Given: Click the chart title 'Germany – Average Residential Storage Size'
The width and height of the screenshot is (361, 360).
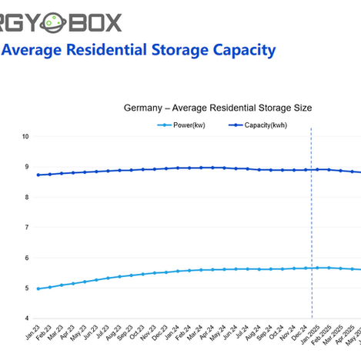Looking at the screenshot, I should click(x=217, y=108).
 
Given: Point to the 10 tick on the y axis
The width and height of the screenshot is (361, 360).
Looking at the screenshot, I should click(x=25, y=136).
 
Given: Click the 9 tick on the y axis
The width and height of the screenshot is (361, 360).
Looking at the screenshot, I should click(x=26, y=167).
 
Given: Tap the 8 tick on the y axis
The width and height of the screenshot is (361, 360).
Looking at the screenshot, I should click(x=26, y=197).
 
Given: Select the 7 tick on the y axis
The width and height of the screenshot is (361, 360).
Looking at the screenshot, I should click(x=26, y=228).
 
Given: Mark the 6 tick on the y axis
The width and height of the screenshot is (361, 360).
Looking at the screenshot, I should click(x=26, y=258).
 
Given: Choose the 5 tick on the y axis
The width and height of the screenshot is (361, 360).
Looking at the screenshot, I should click(x=26, y=288).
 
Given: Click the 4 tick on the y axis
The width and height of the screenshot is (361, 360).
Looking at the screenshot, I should click(x=26, y=318).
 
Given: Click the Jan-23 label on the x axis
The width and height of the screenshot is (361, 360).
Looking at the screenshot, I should click(x=33, y=332).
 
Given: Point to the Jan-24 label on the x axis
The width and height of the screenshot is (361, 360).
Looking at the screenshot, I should click(x=173, y=332).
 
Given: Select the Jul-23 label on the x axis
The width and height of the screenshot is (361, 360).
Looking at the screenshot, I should click(x=103, y=332).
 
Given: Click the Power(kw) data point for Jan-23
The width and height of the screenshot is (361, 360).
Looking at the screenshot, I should click(x=38, y=289).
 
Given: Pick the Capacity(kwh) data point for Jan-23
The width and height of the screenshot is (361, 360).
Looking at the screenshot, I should click(x=38, y=175).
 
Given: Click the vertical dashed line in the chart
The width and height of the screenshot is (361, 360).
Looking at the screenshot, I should click(x=312, y=231).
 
